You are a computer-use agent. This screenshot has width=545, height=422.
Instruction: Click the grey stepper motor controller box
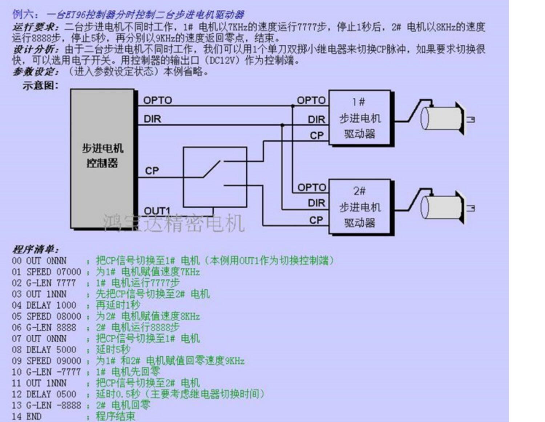(x=102, y=158)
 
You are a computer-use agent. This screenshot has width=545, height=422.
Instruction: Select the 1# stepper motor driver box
(x=360, y=118)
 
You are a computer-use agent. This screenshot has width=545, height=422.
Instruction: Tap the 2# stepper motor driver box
(x=360, y=207)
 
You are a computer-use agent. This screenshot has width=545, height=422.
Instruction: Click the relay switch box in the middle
(x=215, y=177)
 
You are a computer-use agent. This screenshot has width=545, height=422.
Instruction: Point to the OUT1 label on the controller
(x=157, y=211)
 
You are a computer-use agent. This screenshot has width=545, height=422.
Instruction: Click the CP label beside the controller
(x=152, y=170)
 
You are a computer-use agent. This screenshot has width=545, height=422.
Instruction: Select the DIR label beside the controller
(x=152, y=119)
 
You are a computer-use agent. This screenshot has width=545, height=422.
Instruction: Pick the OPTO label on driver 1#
(x=311, y=100)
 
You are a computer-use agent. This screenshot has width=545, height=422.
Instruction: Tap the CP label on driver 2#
(x=316, y=220)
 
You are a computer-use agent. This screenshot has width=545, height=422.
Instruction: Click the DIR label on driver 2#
(x=316, y=203)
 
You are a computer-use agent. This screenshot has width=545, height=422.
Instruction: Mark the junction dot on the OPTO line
(x=292, y=106)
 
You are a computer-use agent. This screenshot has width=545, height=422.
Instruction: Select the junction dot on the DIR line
(x=282, y=125)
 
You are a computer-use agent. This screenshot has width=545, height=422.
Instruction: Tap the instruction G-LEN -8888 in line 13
(x=53, y=405)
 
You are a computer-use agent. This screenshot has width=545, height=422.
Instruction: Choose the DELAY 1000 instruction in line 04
(x=51, y=305)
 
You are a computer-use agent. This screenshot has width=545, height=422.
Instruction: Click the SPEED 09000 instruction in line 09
(x=53, y=361)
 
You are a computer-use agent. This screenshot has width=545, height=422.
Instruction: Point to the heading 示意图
(x=40, y=85)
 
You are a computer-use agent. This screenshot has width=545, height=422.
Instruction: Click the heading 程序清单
(x=35, y=249)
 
